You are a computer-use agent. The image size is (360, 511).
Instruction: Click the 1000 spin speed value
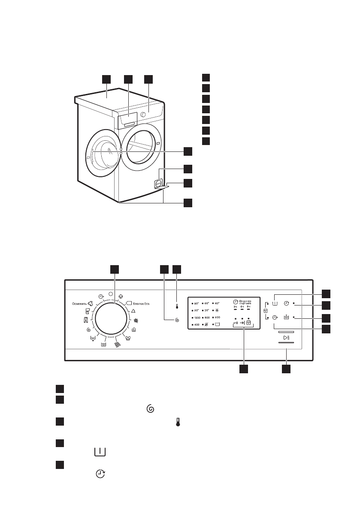point(197,317)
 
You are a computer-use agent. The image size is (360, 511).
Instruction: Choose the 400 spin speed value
point(196,325)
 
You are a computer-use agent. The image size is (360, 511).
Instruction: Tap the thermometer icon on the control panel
point(177,307)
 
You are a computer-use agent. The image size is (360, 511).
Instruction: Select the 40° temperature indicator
point(227,303)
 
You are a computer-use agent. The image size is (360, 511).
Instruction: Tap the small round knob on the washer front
point(148,114)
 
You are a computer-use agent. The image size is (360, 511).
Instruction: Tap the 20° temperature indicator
point(212,311)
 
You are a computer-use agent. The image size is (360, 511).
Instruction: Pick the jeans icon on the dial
point(86,320)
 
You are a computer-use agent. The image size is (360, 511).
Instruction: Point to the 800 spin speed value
point(213,317)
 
